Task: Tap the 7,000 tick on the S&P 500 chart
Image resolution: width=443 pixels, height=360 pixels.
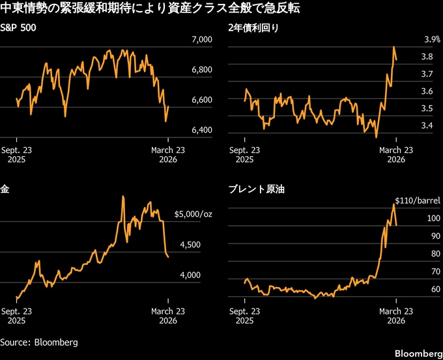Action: (x=201, y=40)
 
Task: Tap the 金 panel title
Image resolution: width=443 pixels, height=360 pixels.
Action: (x=5, y=190)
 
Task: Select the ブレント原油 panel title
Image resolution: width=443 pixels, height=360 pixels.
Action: (x=256, y=190)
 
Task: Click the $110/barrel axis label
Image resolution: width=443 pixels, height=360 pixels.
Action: (x=417, y=201)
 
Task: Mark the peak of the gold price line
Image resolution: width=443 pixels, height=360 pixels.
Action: (x=123, y=196)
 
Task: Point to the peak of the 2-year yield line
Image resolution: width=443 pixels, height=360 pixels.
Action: (x=394, y=47)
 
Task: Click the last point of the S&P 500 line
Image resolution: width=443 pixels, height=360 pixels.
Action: (x=168, y=107)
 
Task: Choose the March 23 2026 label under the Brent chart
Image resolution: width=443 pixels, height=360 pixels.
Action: (x=396, y=316)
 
